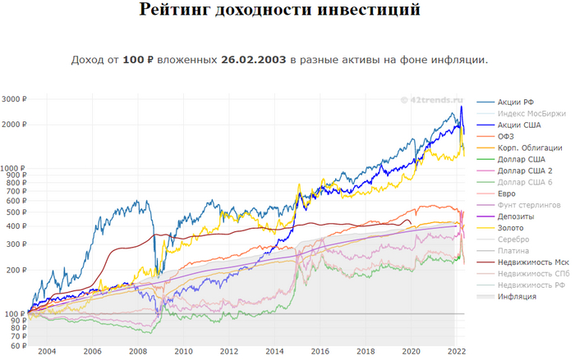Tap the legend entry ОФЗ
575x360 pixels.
[507, 135]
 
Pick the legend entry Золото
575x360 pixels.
[512, 227]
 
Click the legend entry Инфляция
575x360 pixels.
[517, 296]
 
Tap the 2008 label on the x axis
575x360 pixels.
[137, 350]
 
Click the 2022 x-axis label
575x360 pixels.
[456, 350]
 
